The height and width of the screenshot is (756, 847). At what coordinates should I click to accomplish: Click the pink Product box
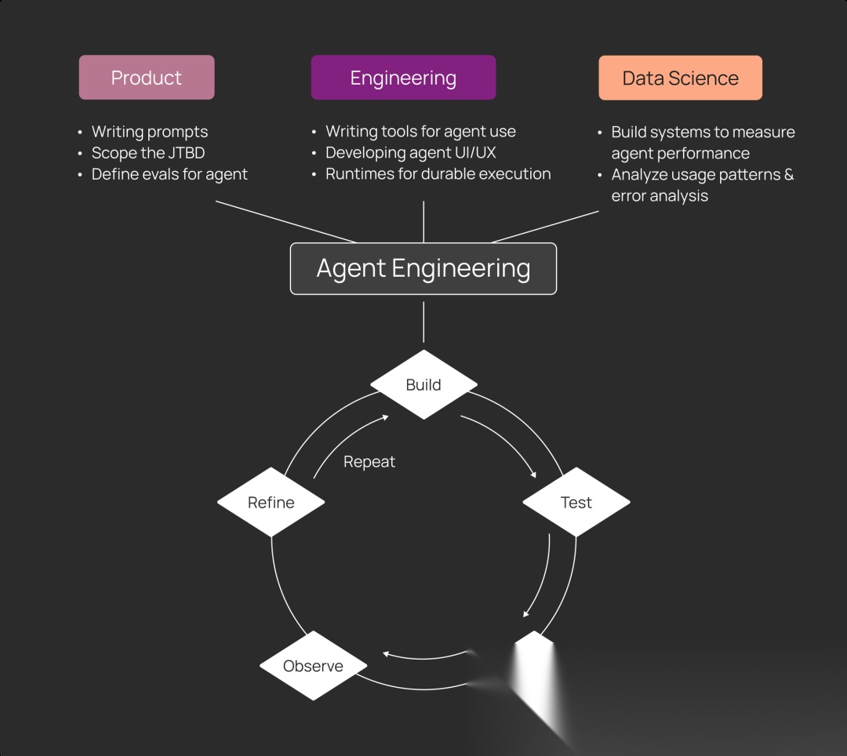(147, 78)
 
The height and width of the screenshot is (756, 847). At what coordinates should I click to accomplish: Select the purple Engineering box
(403, 78)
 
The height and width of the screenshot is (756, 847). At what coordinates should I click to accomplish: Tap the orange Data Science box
(680, 78)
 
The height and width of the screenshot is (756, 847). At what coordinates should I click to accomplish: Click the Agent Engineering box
(423, 268)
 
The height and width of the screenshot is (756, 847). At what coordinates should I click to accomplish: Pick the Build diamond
(423, 384)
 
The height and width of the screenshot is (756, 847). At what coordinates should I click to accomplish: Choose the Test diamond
(576, 502)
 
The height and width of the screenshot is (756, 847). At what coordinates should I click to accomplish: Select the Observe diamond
(313, 666)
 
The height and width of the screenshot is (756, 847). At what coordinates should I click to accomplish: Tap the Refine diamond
(271, 502)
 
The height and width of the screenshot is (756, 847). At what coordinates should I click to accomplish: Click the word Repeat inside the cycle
(369, 462)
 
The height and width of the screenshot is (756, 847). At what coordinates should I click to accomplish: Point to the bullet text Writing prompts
(150, 132)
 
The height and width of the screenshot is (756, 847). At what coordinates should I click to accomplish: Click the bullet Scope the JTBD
(148, 153)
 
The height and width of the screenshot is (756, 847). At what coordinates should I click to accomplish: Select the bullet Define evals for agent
(169, 174)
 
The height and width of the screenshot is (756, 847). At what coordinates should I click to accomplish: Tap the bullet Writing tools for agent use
(420, 132)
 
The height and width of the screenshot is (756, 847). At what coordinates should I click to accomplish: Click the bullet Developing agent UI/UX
(411, 153)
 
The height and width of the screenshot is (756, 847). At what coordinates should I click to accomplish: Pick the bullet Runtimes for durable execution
(438, 174)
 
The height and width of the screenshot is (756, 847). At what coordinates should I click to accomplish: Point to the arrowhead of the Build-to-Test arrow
(534, 474)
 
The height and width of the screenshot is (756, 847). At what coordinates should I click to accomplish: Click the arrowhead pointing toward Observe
(386, 653)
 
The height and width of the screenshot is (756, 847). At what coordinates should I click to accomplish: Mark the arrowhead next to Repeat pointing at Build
(385, 417)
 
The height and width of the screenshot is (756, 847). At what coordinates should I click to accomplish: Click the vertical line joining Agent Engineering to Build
(423, 322)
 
